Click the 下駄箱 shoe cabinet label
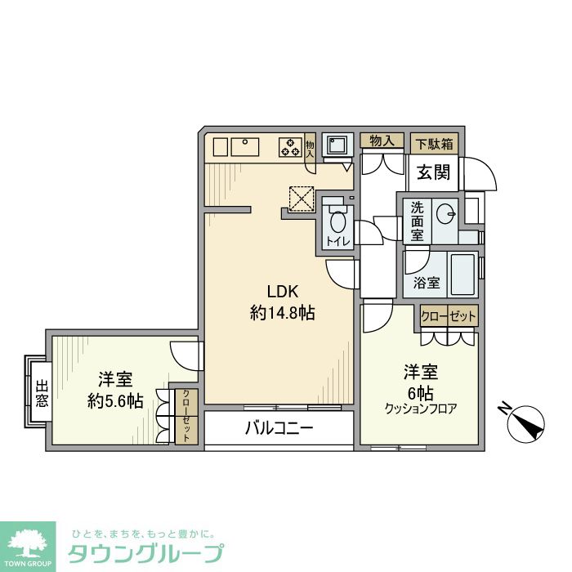(x=433, y=141)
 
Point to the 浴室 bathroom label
(x=427, y=284)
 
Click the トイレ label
(x=335, y=241)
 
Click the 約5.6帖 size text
(x=115, y=400)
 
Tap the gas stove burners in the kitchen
(x=291, y=147)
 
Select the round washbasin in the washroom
(x=446, y=215)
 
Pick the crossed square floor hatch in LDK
(x=302, y=198)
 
